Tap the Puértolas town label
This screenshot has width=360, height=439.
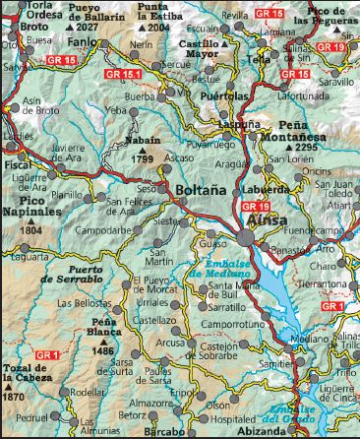pyautogui.click(x=223, y=97)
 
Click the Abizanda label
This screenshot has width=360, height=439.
pyautogui.click(x=260, y=431)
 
